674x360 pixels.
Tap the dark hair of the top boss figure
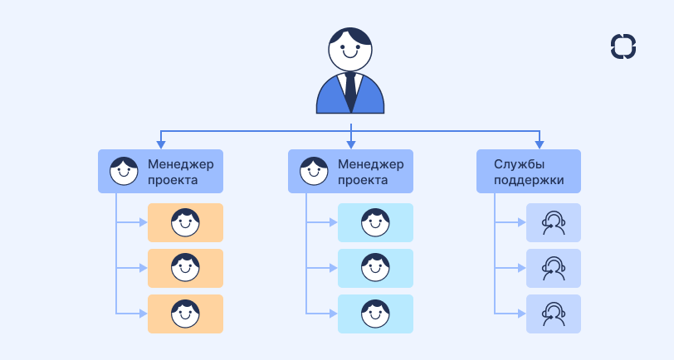point(350,36)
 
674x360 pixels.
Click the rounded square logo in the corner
point(623,46)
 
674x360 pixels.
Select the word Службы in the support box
point(517,164)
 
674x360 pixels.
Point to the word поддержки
point(529,179)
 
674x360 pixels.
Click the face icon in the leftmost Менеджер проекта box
point(124,171)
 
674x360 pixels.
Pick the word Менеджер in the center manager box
point(370,164)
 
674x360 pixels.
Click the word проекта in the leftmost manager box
point(173,179)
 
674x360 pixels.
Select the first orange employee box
point(185,222)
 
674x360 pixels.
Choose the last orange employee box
point(185,314)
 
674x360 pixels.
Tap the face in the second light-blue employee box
point(375,268)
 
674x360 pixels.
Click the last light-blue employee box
point(375,314)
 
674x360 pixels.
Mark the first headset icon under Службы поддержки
point(554,222)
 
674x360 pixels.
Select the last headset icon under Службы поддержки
point(554,314)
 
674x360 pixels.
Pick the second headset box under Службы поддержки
point(554,268)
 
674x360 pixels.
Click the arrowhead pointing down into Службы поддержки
point(540,144)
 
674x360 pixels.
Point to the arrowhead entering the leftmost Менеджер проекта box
point(160,144)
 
